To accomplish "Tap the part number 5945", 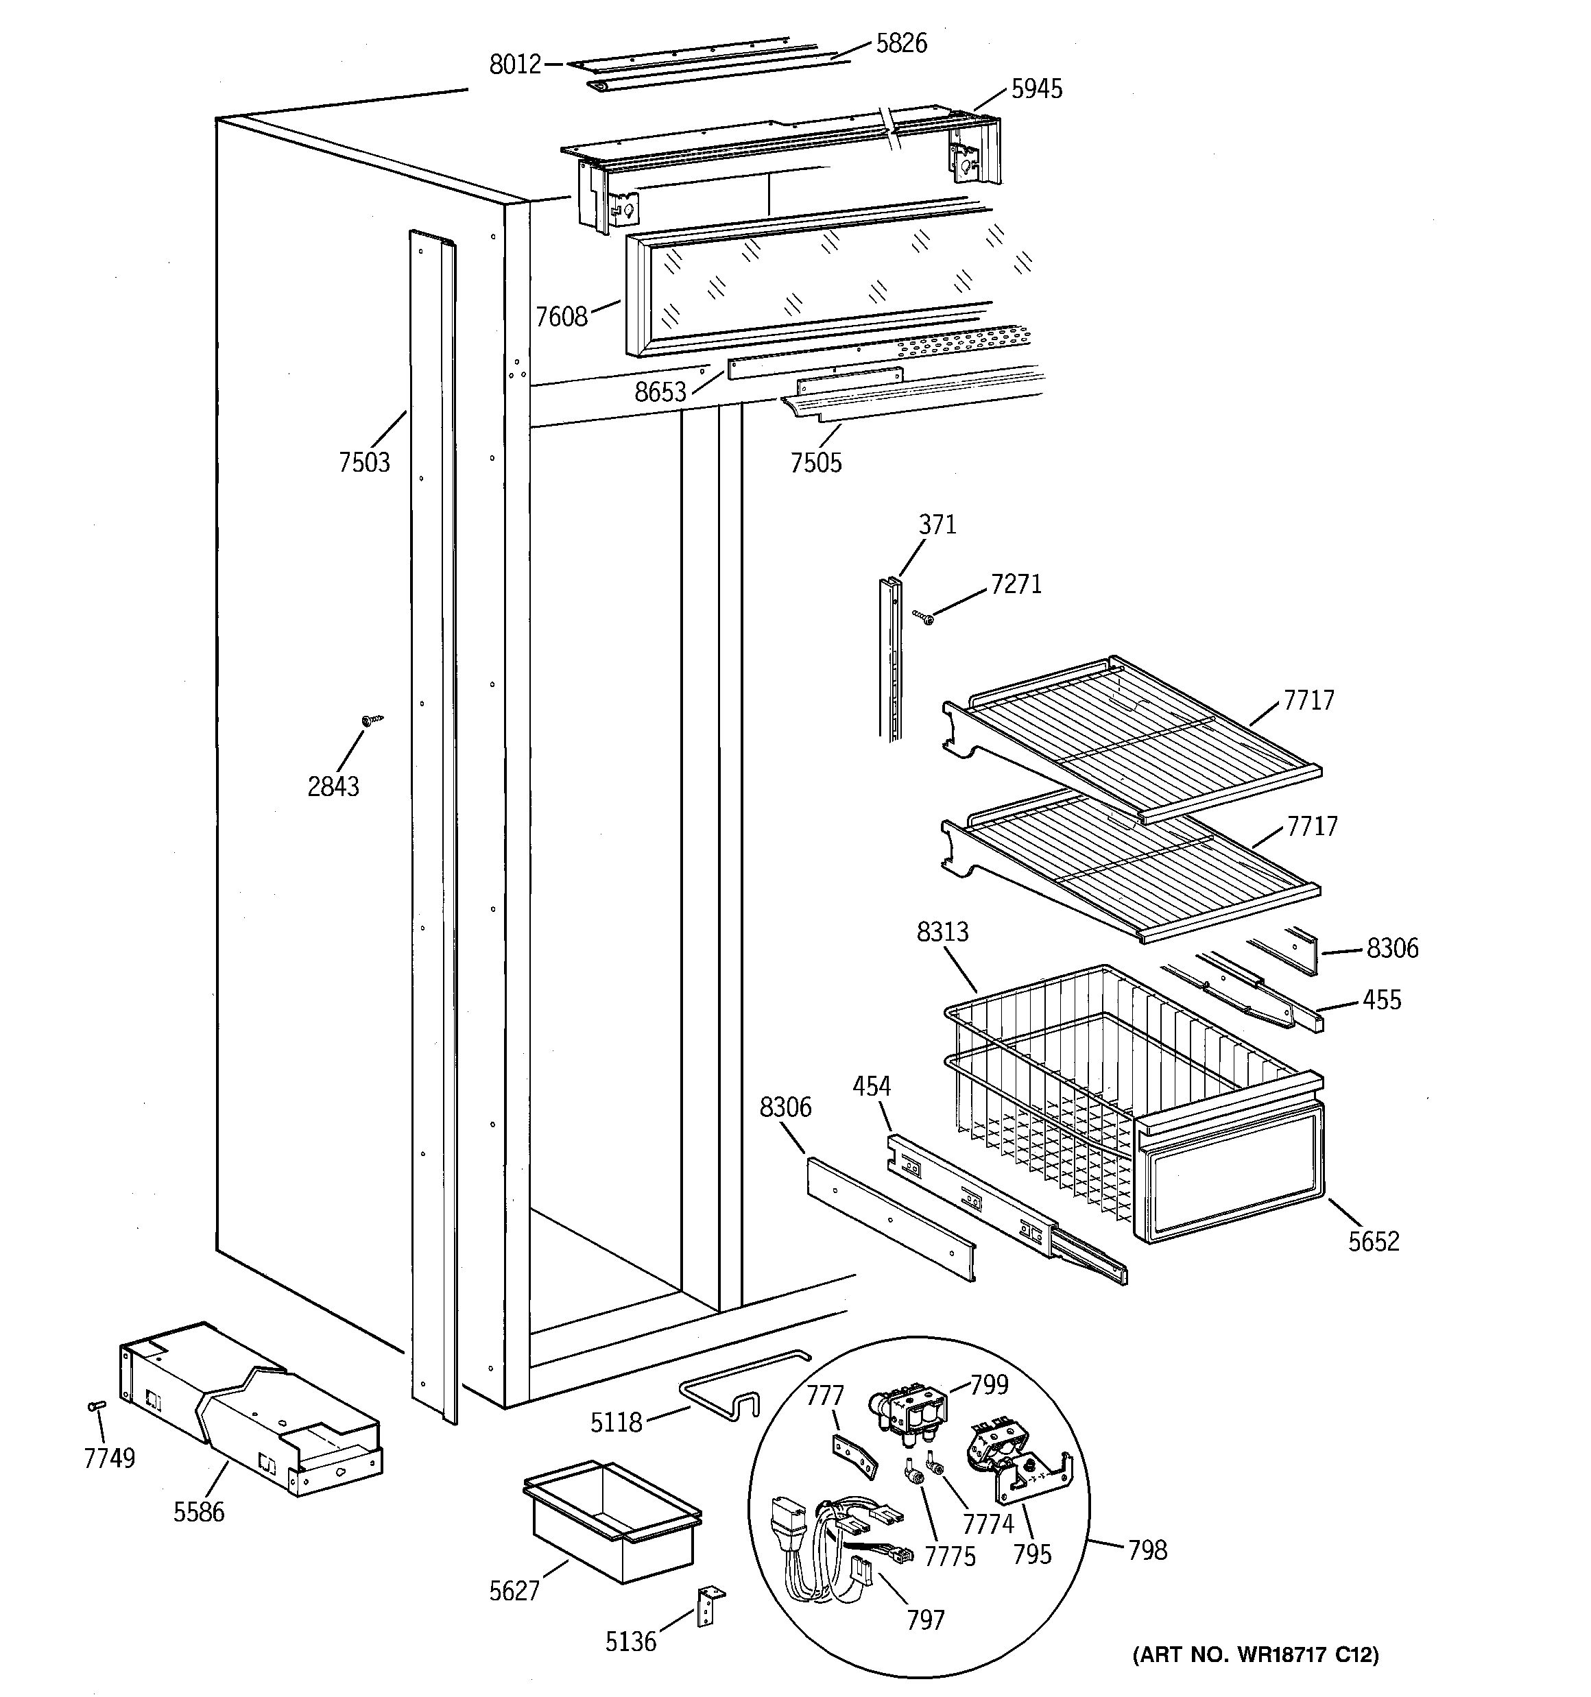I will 1036,88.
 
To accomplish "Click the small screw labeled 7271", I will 922,616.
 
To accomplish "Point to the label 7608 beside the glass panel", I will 561,317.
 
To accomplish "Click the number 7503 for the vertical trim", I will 363,462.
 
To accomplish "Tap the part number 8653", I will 660,392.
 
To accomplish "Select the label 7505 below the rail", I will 815,463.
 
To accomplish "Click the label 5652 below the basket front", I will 1373,1241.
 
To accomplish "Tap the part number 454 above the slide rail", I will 871,1087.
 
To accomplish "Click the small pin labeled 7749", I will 97,1406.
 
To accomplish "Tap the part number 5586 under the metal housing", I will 198,1513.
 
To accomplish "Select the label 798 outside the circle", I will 1147,1550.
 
